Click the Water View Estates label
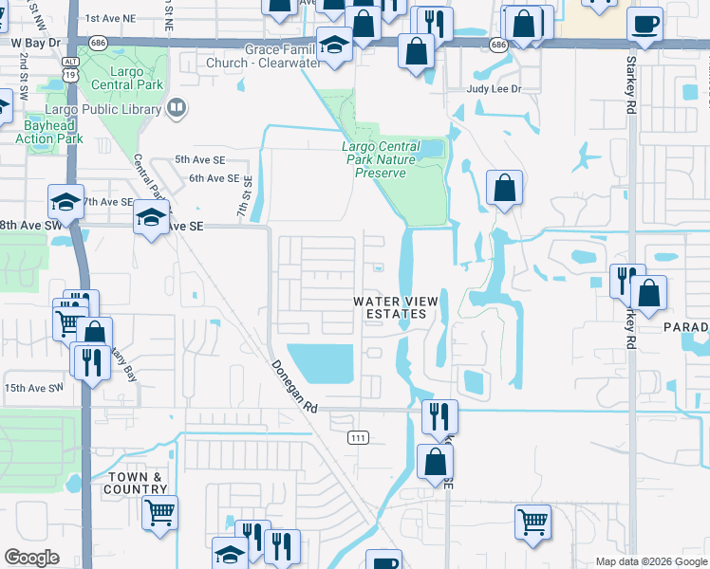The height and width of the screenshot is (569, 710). [397, 306]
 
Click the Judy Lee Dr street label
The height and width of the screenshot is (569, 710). [495, 89]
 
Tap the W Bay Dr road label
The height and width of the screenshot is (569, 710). [36, 44]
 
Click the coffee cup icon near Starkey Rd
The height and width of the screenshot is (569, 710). [645, 25]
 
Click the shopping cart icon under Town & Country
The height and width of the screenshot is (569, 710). [159, 513]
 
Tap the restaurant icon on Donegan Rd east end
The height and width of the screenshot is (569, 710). [439, 415]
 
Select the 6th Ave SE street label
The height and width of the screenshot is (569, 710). [214, 178]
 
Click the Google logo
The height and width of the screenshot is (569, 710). [32, 558]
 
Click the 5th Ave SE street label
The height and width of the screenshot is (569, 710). [199, 160]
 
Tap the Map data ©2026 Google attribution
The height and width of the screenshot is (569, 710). [650, 561]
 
